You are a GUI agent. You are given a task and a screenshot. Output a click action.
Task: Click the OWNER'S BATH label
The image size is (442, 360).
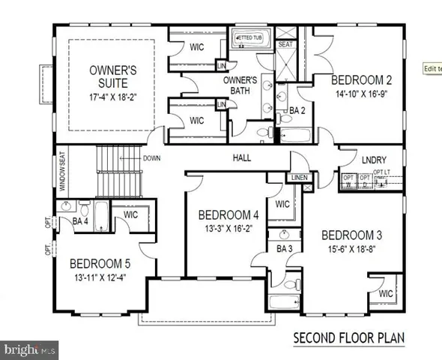(x=242, y=85)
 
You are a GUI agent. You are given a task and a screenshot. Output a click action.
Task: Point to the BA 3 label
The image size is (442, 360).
(x=284, y=248)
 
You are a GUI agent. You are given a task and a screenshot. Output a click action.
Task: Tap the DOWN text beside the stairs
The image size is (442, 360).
(x=151, y=157)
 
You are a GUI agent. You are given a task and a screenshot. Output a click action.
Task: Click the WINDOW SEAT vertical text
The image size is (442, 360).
(x=62, y=173)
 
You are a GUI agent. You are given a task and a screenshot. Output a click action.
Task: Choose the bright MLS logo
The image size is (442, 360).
(x=30, y=349)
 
